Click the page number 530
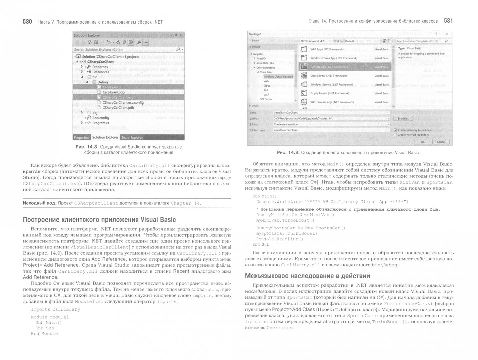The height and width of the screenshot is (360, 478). pos(27,22)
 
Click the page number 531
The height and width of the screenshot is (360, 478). pos(448,21)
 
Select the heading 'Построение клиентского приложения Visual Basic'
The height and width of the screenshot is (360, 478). pos(99,220)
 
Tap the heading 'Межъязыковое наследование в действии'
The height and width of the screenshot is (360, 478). pos(307,276)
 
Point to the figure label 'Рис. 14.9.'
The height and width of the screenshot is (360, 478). pos(288,153)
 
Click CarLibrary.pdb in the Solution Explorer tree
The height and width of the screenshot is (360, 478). pos(113,92)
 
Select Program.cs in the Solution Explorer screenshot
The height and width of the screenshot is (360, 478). pos(100,123)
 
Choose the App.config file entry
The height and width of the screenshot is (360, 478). pos(100,118)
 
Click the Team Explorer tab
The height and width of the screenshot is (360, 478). pos(132,137)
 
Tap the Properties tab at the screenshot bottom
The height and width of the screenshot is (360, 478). pos(81,137)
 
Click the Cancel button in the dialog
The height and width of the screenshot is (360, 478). pos(441,142)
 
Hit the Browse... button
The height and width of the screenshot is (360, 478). pos(403,119)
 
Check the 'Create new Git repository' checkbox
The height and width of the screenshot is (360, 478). pos(396,135)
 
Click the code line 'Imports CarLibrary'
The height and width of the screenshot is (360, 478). pos(55,309)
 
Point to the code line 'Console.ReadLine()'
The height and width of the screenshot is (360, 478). pos(280,239)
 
